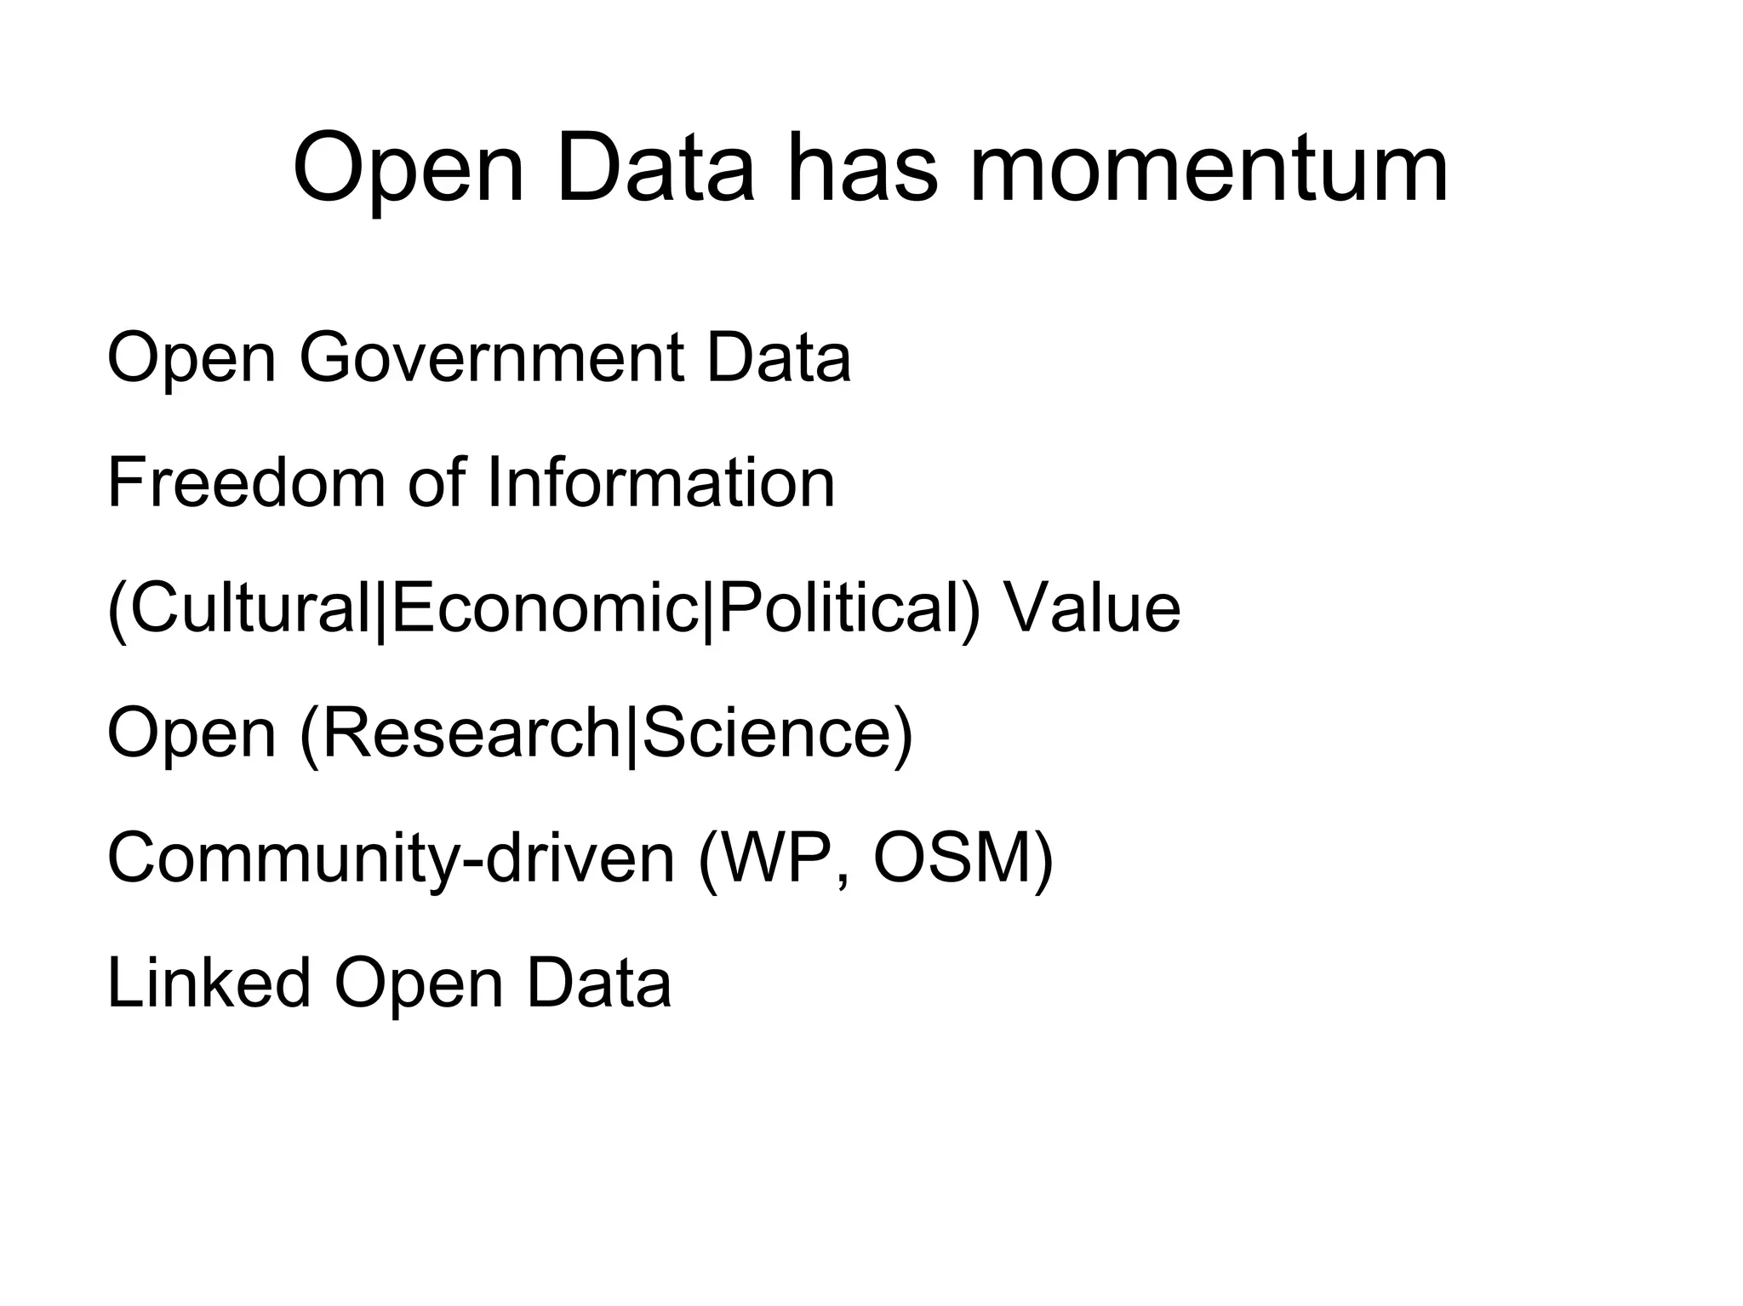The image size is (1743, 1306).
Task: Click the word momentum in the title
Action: coord(1209,169)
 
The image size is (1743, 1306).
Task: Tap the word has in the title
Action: coord(862,169)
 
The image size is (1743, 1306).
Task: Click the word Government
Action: coord(492,358)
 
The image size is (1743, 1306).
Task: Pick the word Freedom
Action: coord(247,483)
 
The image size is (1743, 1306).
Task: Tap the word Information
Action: coord(660,483)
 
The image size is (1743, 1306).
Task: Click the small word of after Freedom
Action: coord(437,483)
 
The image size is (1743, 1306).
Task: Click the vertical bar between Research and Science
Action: coord(631,735)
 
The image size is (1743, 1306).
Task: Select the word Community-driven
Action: coord(391,859)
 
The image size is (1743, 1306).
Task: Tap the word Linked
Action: coord(209,983)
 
